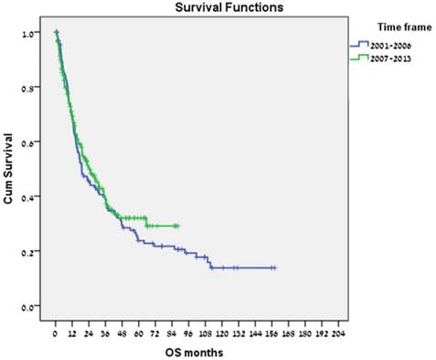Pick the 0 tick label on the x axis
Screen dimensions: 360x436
tap(56, 326)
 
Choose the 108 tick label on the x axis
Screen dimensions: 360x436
tap(206, 326)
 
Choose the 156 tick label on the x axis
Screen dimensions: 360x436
tap(272, 326)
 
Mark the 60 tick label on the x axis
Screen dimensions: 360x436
tap(139, 326)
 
